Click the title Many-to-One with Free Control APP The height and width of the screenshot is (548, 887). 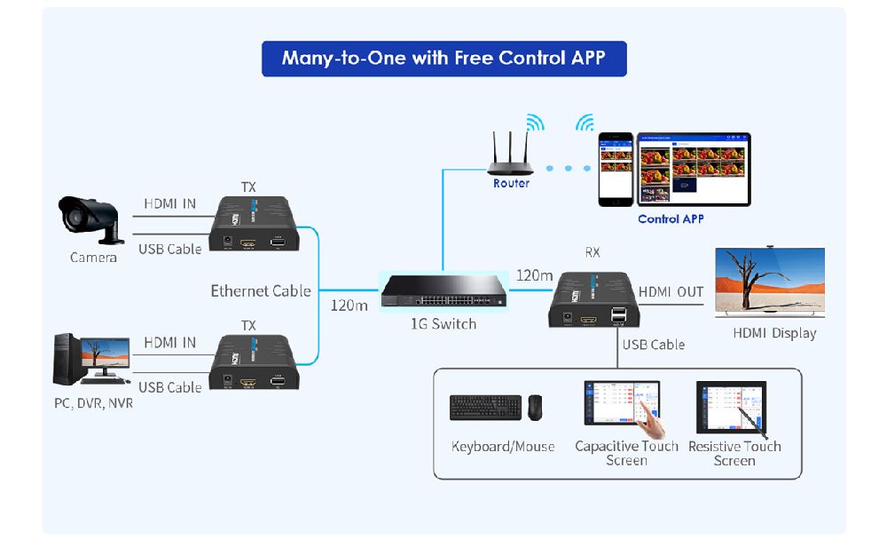443,59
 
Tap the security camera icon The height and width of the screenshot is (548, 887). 90,218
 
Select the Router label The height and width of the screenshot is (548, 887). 511,183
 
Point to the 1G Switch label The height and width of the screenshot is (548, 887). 443,324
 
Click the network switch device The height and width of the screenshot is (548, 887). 443,290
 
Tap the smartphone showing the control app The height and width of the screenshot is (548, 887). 616,169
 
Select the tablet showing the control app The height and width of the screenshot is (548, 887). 693,169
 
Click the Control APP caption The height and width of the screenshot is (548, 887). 671,218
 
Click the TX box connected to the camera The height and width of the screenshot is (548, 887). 254,226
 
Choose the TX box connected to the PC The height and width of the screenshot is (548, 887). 254,362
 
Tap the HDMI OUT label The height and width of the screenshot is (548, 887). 671,292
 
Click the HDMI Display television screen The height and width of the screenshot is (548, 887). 770,282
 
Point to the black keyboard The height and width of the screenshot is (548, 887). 485,408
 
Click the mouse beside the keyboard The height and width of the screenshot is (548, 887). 535,408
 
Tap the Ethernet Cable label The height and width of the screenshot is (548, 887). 260,290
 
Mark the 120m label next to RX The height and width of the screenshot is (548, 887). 534,275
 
